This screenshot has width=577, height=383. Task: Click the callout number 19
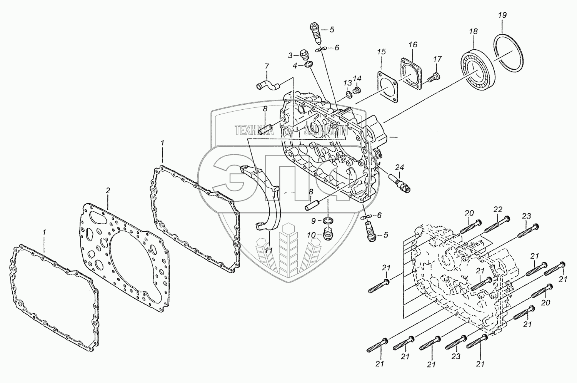502,15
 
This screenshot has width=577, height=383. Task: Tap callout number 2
108,190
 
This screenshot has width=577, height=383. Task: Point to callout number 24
400,167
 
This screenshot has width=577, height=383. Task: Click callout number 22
498,209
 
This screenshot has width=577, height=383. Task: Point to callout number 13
347,83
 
